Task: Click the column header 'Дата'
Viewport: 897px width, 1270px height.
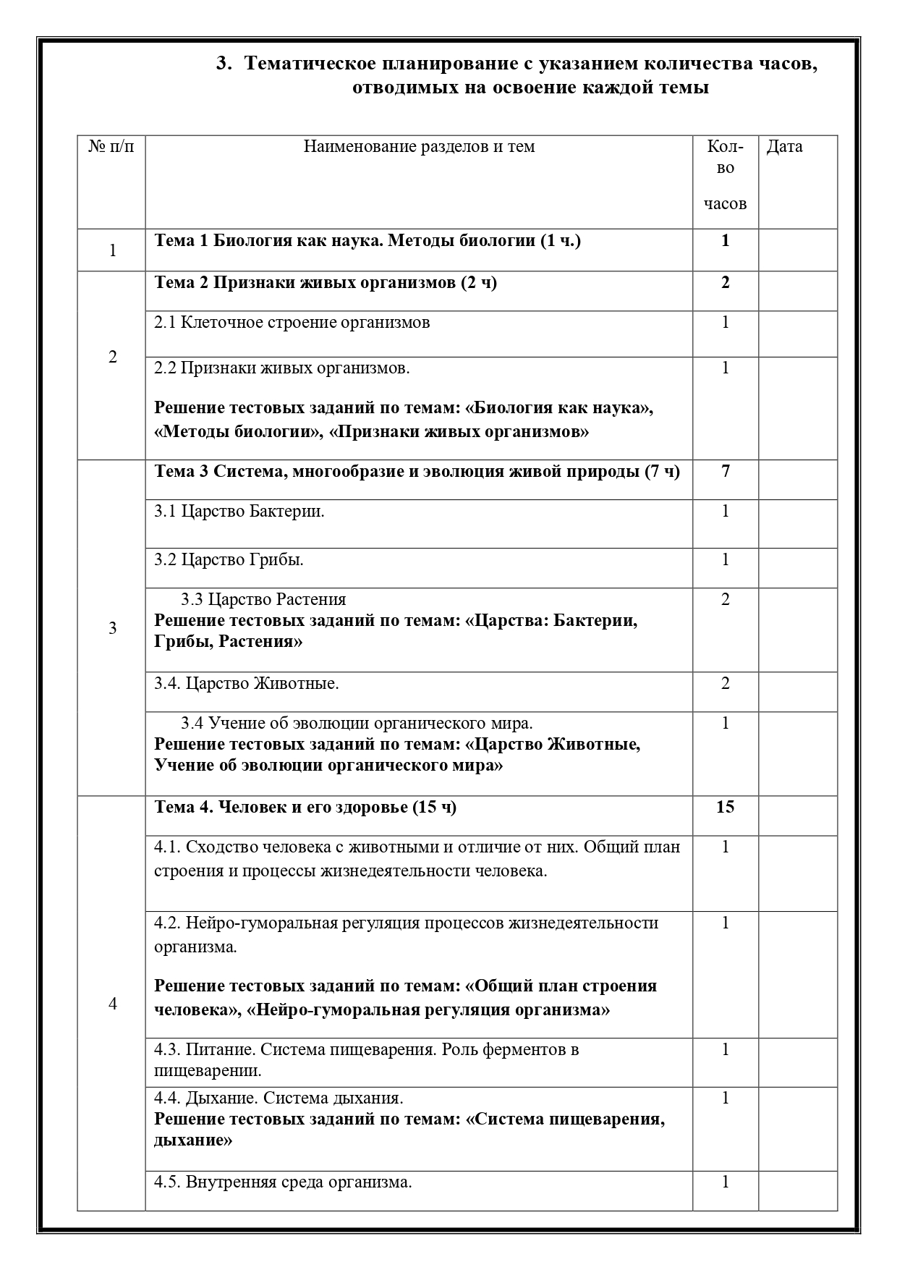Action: point(784,147)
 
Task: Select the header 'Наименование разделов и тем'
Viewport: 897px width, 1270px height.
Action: point(419,147)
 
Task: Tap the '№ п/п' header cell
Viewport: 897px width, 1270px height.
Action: point(111,147)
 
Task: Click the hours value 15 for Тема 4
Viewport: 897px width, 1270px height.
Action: point(725,807)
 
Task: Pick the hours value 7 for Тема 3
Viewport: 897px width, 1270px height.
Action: point(725,472)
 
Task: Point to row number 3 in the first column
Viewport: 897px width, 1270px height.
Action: point(112,628)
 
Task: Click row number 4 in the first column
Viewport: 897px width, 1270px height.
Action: point(112,1004)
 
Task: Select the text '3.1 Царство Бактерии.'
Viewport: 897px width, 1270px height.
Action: point(239,512)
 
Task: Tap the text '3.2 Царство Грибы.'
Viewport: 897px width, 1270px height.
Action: point(229,560)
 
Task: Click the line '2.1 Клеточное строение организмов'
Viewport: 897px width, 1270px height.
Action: point(292,323)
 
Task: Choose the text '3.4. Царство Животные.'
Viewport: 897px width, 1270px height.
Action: point(247,683)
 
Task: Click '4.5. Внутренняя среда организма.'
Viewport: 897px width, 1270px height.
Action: point(283,1182)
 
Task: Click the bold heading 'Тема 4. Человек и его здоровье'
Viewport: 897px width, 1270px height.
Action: point(305,807)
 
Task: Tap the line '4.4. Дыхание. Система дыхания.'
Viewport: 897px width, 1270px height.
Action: point(279,1098)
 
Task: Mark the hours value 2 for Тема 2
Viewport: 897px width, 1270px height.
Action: point(725,283)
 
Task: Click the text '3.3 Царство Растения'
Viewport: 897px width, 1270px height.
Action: point(263,599)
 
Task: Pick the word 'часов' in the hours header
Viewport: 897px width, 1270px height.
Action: point(725,204)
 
